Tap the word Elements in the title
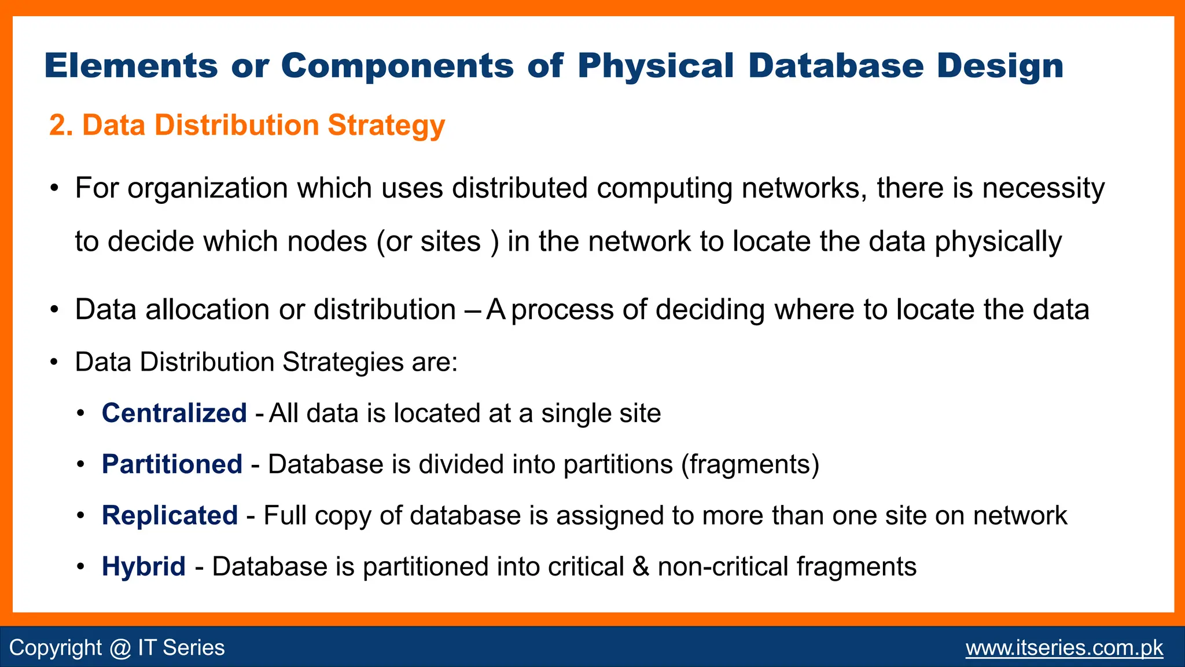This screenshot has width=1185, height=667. click(131, 65)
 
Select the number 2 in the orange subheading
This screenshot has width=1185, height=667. click(57, 125)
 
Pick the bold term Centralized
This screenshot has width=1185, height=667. click(174, 413)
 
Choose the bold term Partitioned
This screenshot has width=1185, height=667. click(172, 464)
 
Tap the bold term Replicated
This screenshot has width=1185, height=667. click(170, 515)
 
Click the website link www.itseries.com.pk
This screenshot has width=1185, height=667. click(1064, 647)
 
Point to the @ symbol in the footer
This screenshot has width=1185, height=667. click(120, 648)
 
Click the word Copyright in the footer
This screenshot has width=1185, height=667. click(56, 648)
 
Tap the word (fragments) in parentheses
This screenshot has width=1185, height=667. click(750, 464)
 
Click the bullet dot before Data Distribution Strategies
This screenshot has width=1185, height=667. click(54, 363)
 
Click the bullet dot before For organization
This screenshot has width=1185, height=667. click(54, 189)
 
